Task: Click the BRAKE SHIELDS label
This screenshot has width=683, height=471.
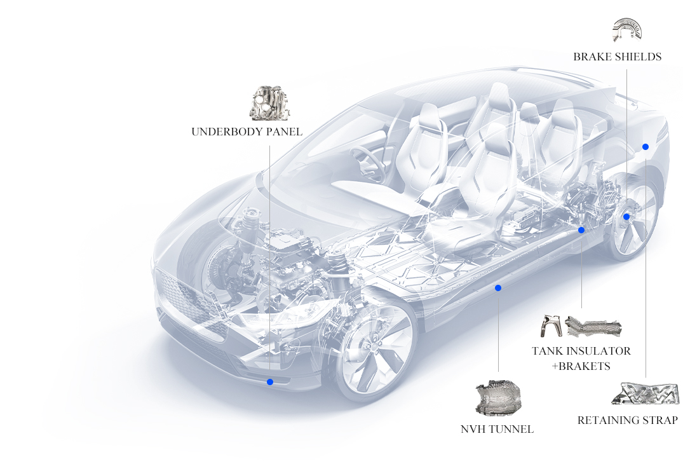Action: click(617, 57)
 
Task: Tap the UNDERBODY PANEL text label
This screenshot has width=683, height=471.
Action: click(247, 132)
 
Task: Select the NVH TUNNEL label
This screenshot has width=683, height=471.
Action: click(497, 429)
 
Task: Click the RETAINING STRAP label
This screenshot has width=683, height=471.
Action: click(628, 420)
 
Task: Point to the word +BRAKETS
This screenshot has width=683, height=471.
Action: click(581, 366)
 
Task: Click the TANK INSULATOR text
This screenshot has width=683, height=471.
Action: click(581, 351)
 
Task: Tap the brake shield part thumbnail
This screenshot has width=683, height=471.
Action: click(627, 30)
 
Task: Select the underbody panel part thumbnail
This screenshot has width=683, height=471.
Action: click(270, 103)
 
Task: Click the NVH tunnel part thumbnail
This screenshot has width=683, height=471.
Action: click(498, 397)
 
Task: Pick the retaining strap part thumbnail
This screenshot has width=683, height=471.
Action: click(646, 393)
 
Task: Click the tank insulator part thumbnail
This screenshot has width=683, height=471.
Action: click(593, 326)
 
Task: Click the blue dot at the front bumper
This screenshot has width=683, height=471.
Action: click(270, 382)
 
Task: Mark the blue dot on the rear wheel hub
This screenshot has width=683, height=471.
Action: click(626, 217)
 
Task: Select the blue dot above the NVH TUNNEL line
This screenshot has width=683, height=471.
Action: click(498, 288)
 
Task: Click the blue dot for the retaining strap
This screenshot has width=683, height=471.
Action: click(646, 147)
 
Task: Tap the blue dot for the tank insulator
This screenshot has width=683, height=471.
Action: click(581, 230)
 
